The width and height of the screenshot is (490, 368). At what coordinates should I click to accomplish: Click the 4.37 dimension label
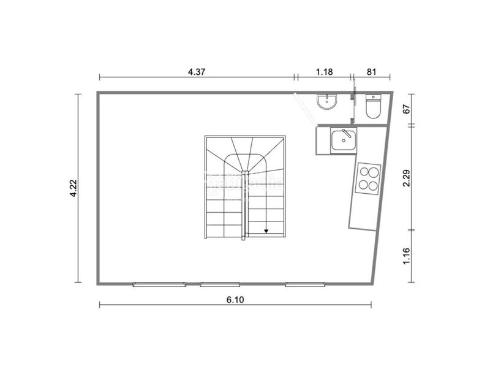(197, 71)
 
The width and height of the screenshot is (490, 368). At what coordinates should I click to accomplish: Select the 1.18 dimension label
(324, 71)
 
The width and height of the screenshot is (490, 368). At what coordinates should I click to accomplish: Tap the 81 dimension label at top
(371, 71)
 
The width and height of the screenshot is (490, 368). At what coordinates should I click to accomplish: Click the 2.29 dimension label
(405, 178)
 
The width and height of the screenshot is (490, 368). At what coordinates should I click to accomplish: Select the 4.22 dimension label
(73, 188)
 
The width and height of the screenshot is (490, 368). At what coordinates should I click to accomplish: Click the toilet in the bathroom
(372, 108)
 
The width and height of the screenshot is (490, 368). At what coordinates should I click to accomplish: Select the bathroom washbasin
(327, 102)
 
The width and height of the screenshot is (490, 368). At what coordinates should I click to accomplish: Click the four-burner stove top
(368, 177)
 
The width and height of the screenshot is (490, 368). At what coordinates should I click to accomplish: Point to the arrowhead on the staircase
(266, 231)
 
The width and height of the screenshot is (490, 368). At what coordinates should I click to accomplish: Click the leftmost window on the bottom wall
(159, 284)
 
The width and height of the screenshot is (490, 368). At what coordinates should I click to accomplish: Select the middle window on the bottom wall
(220, 284)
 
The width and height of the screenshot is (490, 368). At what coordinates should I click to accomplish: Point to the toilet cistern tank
(373, 98)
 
